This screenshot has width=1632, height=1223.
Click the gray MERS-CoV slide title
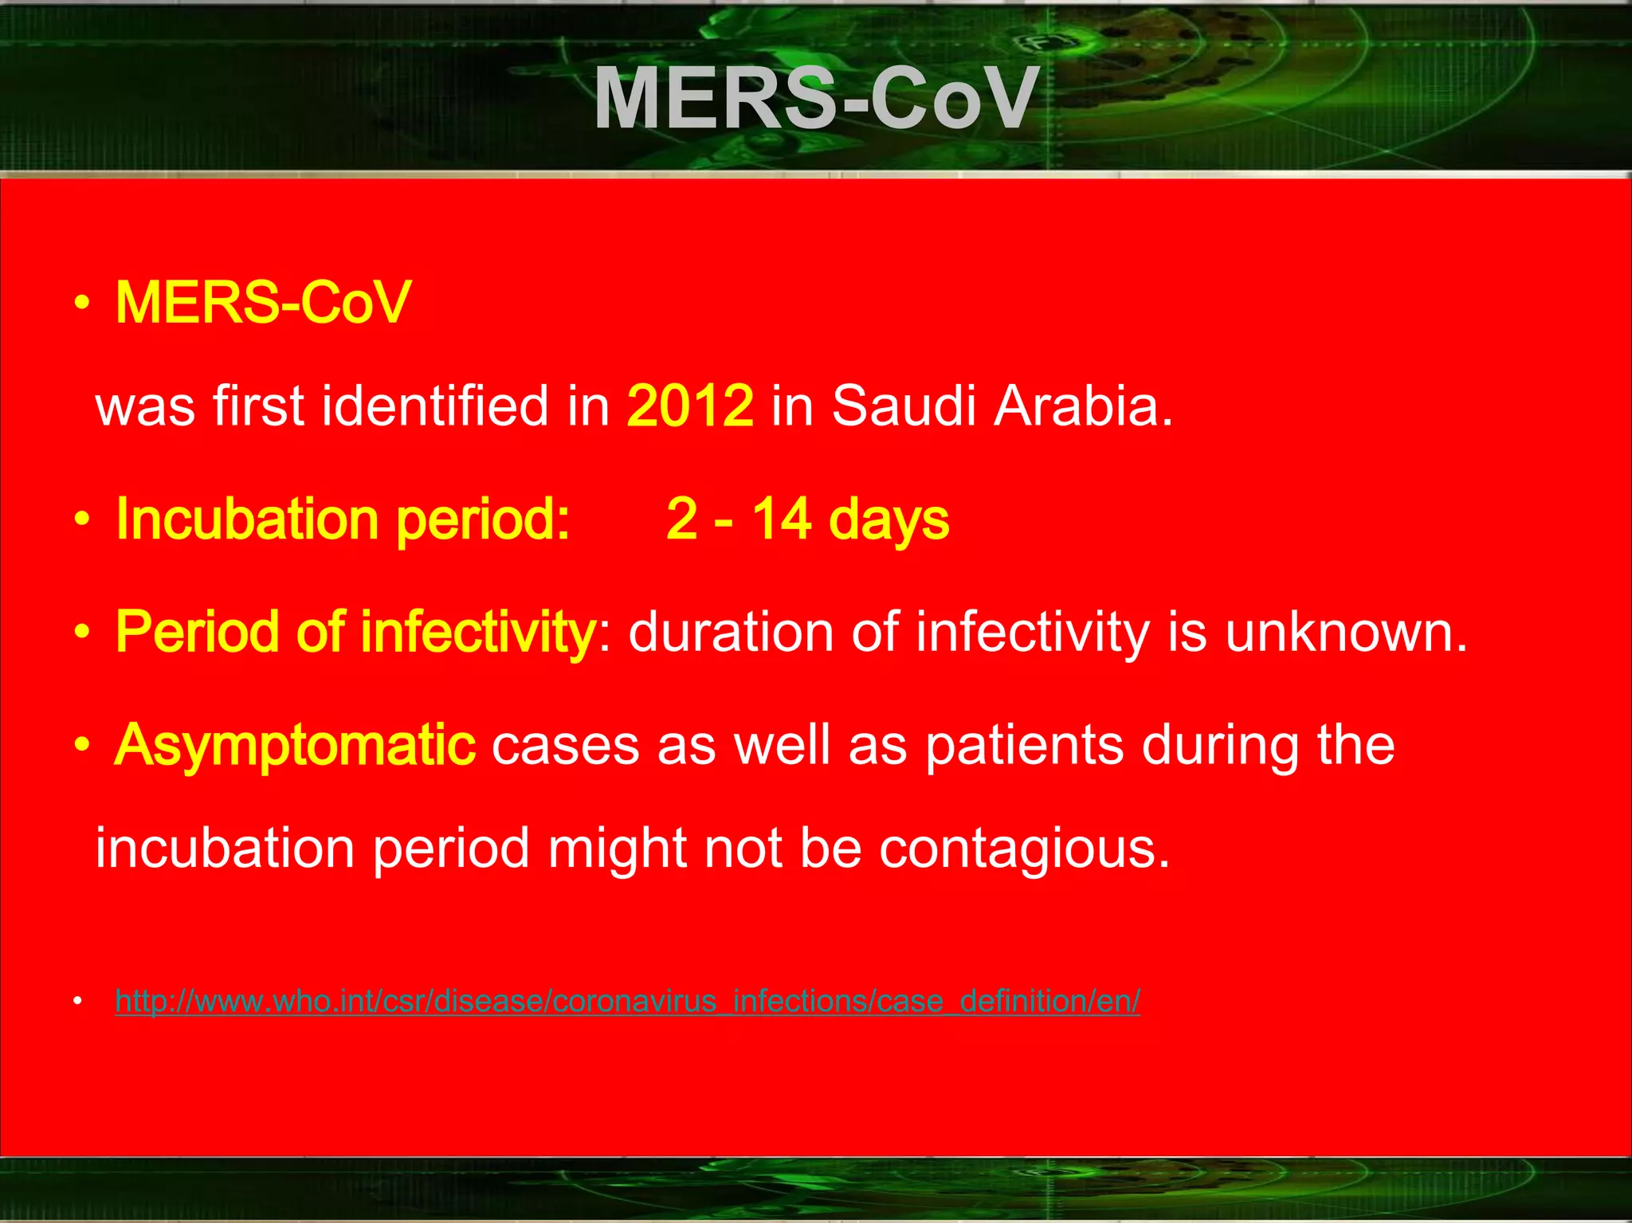[x=815, y=99]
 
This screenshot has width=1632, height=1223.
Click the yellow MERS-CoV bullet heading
[x=263, y=303]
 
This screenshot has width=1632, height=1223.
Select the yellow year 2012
[x=690, y=406]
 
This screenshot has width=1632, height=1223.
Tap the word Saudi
[x=903, y=406]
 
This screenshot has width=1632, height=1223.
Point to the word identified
[x=435, y=406]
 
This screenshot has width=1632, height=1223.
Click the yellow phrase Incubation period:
[x=343, y=519]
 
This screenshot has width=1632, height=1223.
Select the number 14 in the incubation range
[x=782, y=519]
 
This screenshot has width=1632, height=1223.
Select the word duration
[x=732, y=633]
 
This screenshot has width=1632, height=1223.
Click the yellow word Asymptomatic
[x=295, y=747]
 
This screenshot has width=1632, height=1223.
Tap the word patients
[x=1023, y=747]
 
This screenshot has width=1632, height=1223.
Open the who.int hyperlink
[x=627, y=1000]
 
